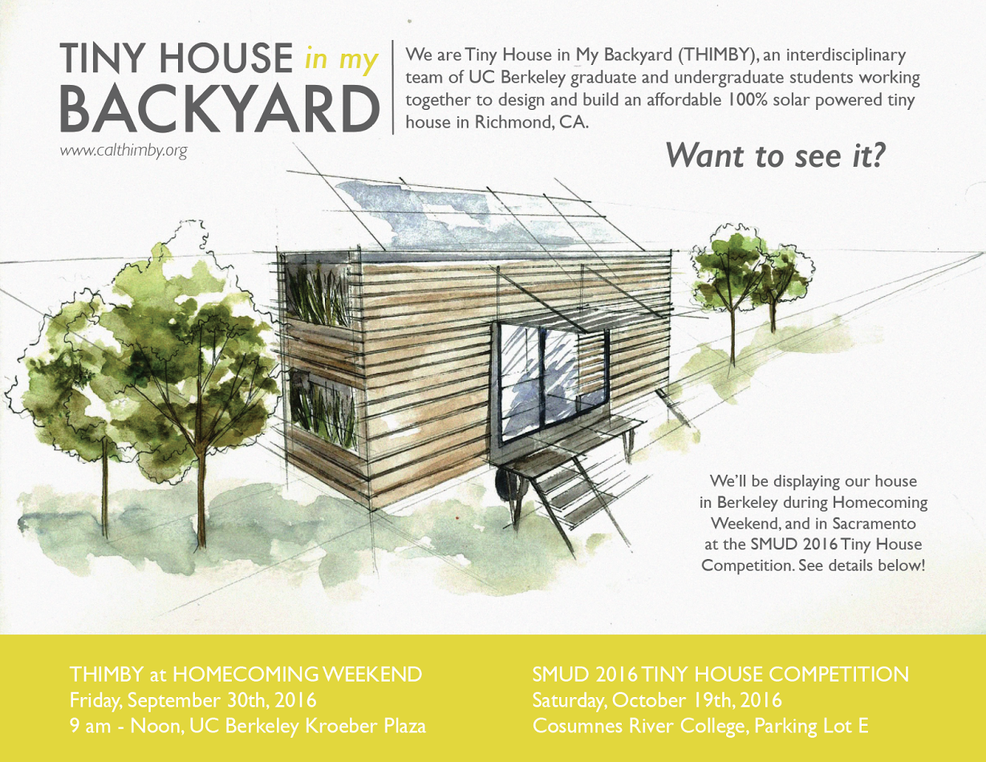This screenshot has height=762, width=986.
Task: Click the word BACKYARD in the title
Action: coord(220,109)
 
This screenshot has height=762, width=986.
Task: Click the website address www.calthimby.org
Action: coord(124,152)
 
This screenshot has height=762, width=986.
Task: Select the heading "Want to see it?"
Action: coord(776,156)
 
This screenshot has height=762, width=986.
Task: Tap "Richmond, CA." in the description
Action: coord(532,122)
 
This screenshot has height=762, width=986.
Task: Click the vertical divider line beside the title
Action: coord(392,87)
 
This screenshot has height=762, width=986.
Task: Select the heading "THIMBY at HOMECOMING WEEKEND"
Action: coord(245,675)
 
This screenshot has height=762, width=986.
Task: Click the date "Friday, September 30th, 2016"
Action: coord(193,700)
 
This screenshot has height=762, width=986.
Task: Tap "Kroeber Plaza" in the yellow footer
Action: coord(366,726)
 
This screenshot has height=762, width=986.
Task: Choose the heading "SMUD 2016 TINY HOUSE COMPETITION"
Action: coord(720,675)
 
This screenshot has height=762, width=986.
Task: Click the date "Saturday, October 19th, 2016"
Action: coord(657,700)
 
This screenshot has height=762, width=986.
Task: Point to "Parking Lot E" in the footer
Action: coord(811,726)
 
